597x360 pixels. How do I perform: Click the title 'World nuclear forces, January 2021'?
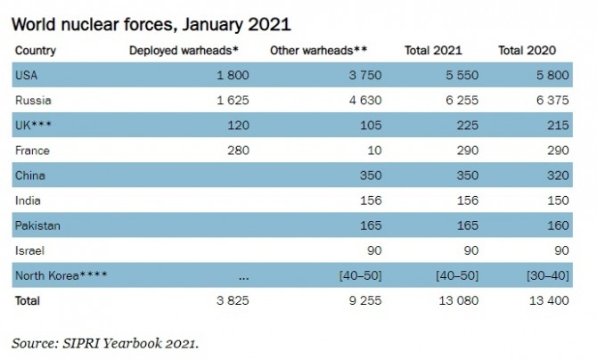pos(151,21)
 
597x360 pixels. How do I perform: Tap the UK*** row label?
pos(35,126)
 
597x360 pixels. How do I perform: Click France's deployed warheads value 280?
pos(236,151)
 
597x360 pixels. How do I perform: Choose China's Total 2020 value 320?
pos(555,176)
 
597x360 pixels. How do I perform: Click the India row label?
pos(29,200)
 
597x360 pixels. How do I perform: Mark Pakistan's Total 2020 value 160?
pos(555,225)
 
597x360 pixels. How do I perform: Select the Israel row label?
pos(29,250)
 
